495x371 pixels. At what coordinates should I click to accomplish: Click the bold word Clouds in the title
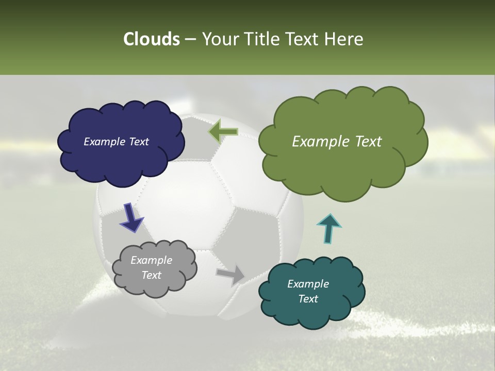(x=151, y=39)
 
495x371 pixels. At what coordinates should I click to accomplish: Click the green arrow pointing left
(x=223, y=131)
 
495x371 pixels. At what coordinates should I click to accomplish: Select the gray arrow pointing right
(x=230, y=275)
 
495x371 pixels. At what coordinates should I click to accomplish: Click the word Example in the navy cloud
(x=103, y=142)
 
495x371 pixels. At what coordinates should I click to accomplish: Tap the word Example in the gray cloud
(x=151, y=260)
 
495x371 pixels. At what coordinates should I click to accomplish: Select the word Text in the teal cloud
(x=308, y=299)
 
